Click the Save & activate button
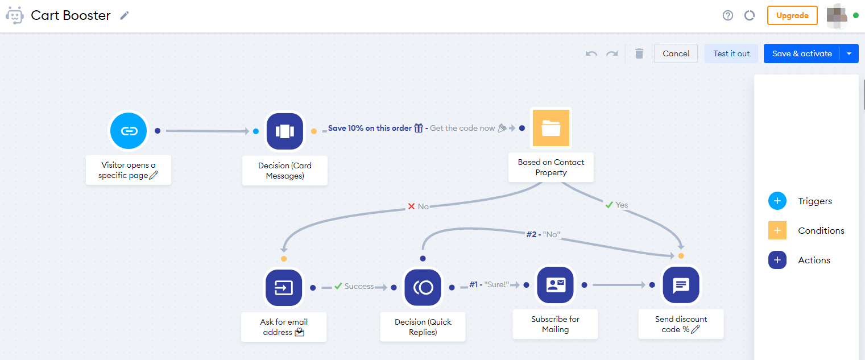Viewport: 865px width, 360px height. (802, 53)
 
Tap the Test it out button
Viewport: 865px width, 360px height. (731, 53)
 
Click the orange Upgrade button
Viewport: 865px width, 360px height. (792, 15)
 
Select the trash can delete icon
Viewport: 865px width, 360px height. (639, 53)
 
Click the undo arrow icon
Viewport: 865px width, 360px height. (591, 53)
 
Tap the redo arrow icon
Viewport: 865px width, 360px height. (612, 53)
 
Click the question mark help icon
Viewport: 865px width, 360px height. (728, 15)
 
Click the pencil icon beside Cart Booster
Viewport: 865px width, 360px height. (125, 15)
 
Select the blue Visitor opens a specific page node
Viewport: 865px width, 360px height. (129, 131)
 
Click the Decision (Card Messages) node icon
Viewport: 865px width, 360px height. (285, 131)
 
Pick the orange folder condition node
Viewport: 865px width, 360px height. (551, 128)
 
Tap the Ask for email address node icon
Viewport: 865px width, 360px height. (284, 287)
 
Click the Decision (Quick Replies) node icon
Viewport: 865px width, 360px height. (423, 287)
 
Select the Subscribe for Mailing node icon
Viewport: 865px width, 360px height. (555, 285)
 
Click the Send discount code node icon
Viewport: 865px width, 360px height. (681, 285)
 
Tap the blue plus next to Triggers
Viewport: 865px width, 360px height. (777, 201)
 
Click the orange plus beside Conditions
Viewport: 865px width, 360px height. (777, 230)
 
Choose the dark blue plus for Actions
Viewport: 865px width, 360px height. (777, 260)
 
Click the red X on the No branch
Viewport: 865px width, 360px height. (411, 206)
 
